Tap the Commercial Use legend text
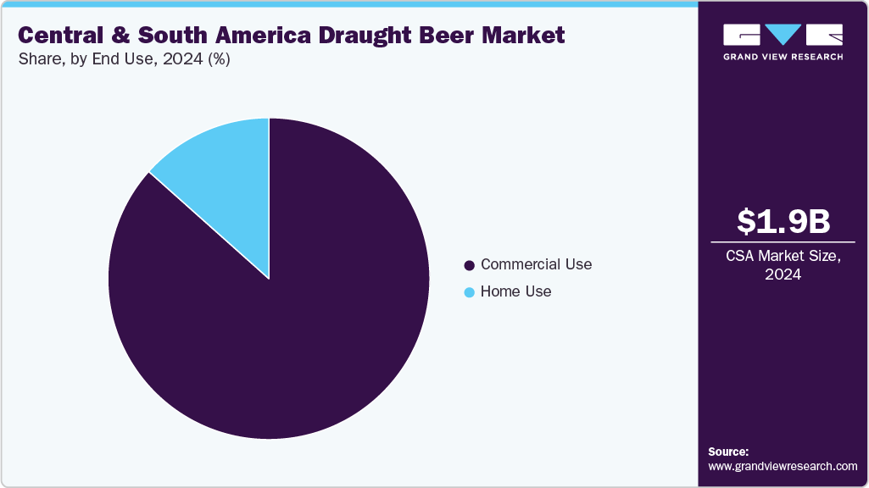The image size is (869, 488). point(536,264)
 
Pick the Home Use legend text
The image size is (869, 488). point(515,291)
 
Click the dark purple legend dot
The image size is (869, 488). point(469,265)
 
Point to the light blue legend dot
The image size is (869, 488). point(469,292)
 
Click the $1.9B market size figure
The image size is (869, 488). point(783,221)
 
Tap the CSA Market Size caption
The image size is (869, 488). point(783,255)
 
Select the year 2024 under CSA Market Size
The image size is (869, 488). point(783,274)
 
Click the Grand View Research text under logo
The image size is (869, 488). point(783,57)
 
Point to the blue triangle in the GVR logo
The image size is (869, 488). point(783,34)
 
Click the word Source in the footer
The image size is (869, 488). point(727,452)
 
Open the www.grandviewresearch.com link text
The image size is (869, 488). point(783,466)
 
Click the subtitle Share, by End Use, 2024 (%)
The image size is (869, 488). point(124,59)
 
